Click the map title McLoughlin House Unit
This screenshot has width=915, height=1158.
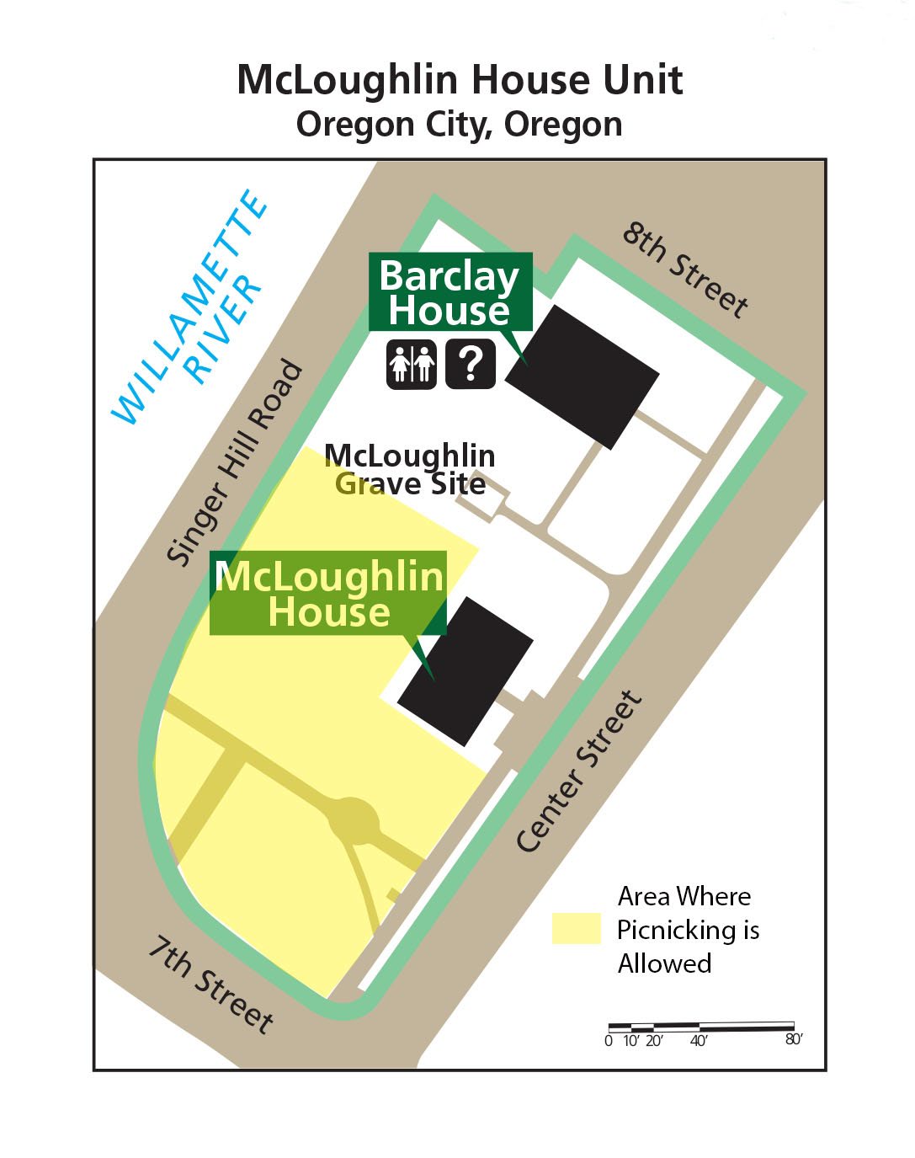pyautogui.click(x=459, y=80)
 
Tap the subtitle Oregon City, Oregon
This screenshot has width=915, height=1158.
pyautogui.click(x=459, y=125)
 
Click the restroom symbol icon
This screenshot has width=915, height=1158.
pyautogui.click(x=411, y=364)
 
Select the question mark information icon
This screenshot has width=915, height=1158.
pyautogui.click(x=471, y=364)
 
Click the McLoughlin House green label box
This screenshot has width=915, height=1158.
pyautogui.click(x=327, y=593)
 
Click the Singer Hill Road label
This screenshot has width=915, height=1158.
pyautogui.click(x=235, y=462)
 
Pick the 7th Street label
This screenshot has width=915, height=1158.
pyautogui.click(x=211, y=984)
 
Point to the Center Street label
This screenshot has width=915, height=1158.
pyautogui.click(x=579, y=771)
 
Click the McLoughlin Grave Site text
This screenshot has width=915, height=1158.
pyautogui.click(x=410, y=469)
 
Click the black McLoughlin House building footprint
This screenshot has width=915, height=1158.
pyautogui.click(x=465, y=670)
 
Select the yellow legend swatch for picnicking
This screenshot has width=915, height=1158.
pyautogui.click(x=576, y=928)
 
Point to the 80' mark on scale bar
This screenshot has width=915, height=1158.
pyautogui.click(x=793, y=1039)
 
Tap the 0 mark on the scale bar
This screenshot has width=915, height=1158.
pyautogui.click(x=609, y=1040)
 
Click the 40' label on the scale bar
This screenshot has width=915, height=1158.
pyautogui.click(x=699, y=1040)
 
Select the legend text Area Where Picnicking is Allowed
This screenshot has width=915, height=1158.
pyautogui.click(x=687, y=930)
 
